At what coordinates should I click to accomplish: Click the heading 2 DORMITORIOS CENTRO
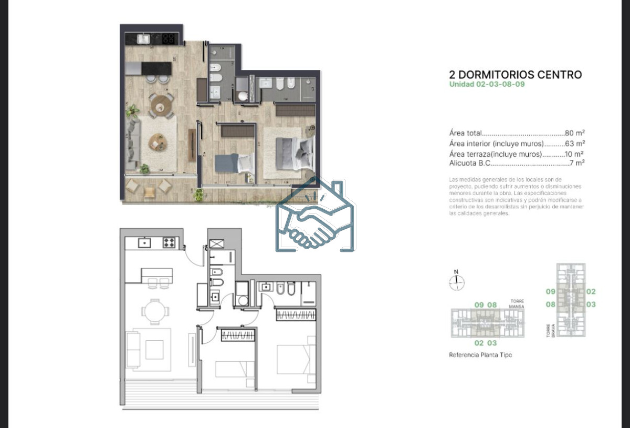coord(516,75)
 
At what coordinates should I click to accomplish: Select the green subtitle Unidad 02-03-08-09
coord(487,84)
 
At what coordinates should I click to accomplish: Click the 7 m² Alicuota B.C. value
coord(577,163)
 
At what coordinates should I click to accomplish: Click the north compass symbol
coord(457,282)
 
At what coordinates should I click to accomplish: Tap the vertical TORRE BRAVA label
coord(548,330)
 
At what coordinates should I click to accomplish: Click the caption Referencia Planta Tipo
coord(480,355)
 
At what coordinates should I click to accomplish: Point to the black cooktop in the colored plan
coord(168,38)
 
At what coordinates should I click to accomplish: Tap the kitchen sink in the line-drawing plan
coord(144,242)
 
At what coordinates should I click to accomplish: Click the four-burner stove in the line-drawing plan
coord(169,242)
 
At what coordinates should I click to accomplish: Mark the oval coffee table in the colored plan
coord(157,141)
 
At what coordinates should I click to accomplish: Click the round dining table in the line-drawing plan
coord(153,308)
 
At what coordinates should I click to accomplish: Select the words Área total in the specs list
coord(465,134)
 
